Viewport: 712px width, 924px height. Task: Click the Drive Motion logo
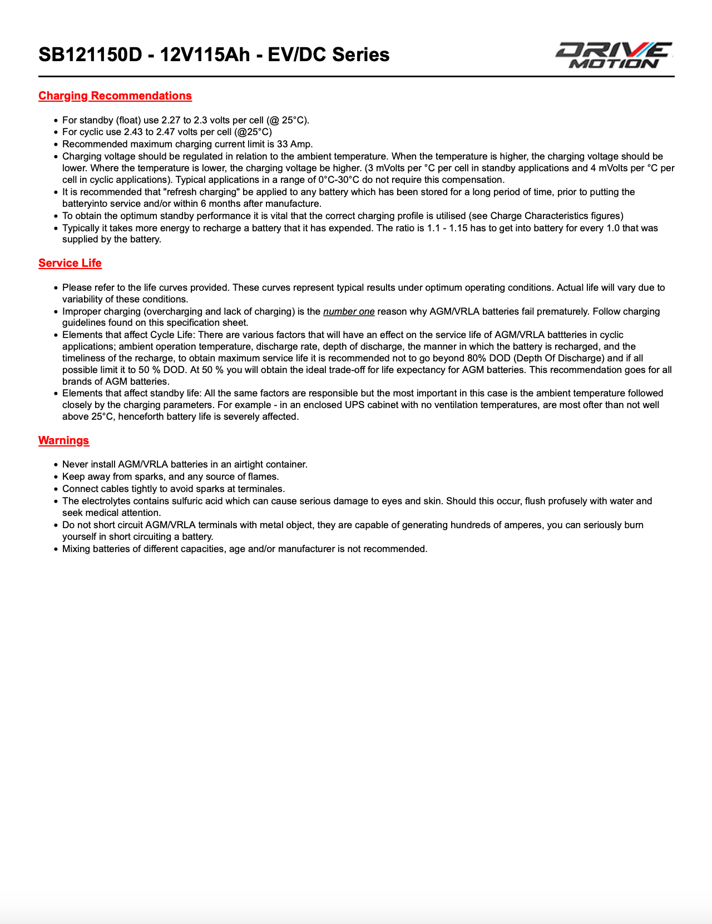pos(614,55)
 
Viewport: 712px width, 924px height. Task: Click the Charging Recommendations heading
pos(115,96)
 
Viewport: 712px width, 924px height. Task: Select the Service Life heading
pos(70,263)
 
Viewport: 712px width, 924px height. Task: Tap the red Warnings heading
pos(63,440)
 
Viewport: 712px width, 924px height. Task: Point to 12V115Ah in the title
pos(205,54)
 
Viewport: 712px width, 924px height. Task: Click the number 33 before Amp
pos(282,144)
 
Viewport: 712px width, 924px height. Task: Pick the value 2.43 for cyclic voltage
pos(133,132)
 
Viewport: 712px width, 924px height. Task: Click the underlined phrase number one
pos(349,311)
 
